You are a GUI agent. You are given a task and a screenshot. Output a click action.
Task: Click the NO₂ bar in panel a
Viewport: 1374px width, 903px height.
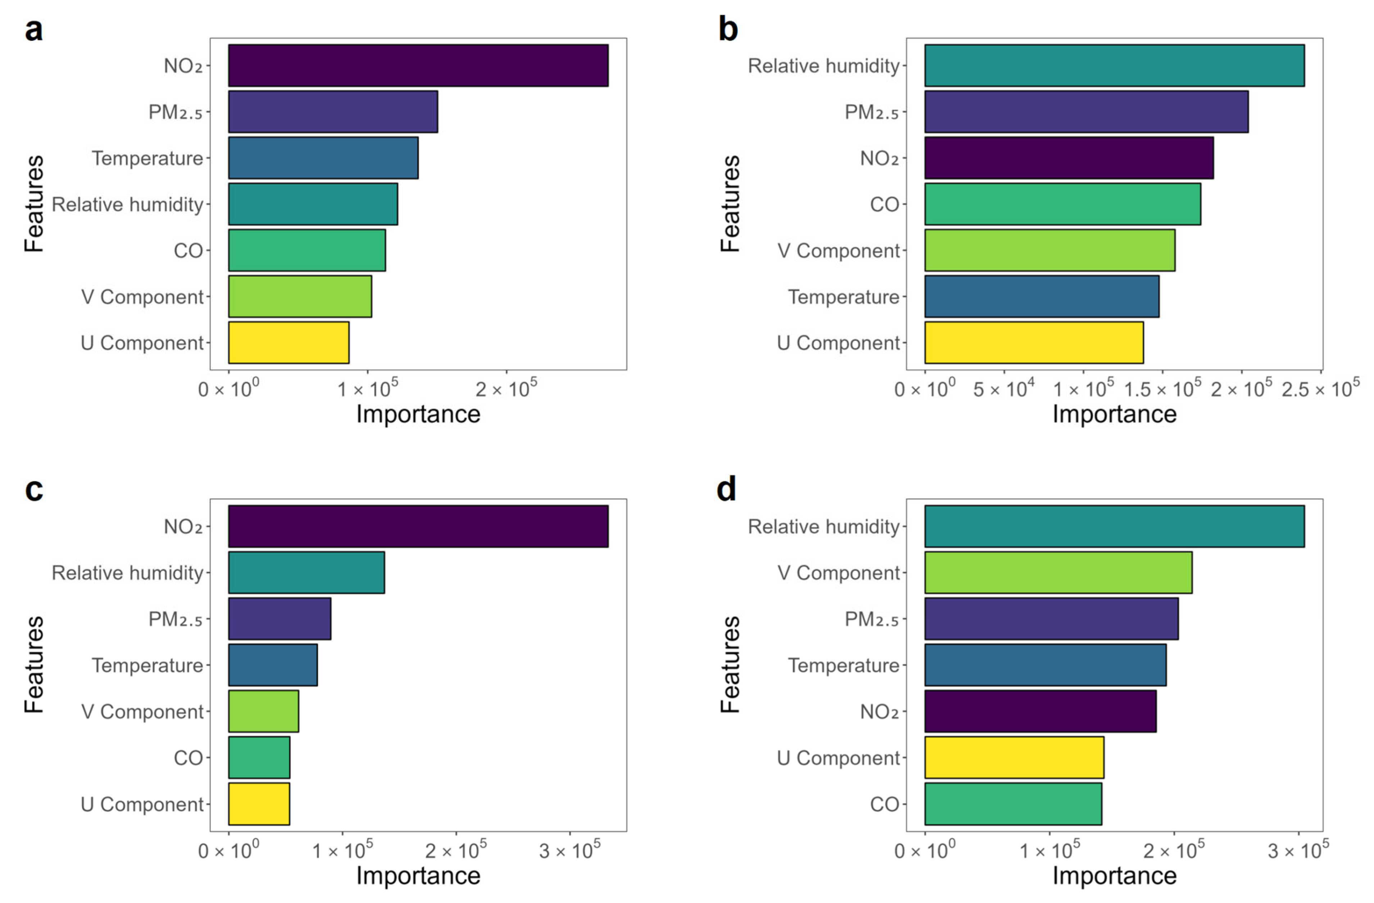418,65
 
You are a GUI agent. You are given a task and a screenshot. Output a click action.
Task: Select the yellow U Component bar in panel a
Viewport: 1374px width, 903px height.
289,342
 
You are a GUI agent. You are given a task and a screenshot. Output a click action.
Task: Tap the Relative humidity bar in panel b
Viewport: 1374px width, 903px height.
1114,65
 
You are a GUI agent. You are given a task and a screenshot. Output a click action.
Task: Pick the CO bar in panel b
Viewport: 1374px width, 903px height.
1062,204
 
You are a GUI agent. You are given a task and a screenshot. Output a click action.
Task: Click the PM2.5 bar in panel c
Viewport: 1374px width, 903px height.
280,618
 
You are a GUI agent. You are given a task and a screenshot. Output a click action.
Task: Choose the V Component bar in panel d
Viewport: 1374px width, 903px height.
1058,572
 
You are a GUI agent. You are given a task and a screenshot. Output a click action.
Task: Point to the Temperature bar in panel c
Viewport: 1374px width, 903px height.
272,664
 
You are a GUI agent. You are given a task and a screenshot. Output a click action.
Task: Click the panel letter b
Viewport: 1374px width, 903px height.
728,29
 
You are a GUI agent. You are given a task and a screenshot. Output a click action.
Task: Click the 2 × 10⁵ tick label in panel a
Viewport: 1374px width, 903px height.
506,389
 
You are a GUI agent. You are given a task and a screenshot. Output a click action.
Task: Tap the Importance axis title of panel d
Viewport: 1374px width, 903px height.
1114,875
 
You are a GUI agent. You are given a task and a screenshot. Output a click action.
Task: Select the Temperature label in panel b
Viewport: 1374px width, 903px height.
843,297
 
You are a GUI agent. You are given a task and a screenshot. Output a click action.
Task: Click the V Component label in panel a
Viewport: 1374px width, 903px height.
142,297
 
